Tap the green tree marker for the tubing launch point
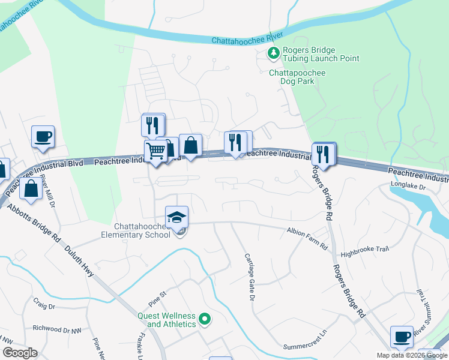coord(274,54)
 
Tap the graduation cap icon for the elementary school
coord(177,217)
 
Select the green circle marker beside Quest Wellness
coord(205,320)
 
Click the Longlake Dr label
coord(408,186)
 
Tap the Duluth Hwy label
coord(79,262)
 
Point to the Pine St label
coord(157,296)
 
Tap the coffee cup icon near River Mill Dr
coord(43,137)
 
